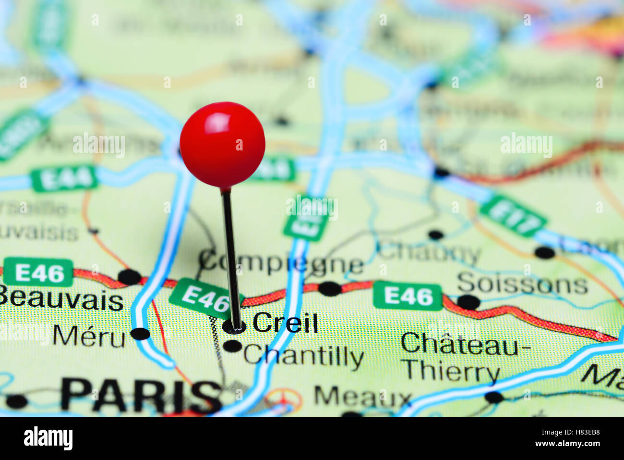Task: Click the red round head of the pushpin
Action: coord(222,144)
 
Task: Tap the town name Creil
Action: coord(285,323)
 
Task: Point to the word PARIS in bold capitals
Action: coord(142,396)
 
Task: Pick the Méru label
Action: coord(89,336)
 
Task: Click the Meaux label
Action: coord(363,397)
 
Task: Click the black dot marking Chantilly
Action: coord(233,346)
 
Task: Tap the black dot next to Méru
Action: coord(140,334)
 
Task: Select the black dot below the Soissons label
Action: coord(468,302)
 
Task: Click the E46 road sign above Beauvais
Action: coord(38,273)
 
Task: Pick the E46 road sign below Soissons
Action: coord(408,296)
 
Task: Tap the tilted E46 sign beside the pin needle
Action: coord(205,298)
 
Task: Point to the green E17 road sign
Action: coord(513,216)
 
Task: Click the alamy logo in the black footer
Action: coord(48,438)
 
